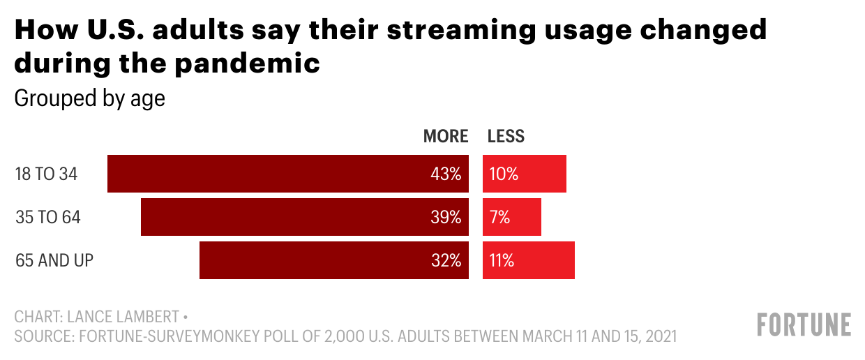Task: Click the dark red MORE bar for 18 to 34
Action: point(265,174)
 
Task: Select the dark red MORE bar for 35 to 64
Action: point(279,217)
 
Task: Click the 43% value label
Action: point(446,174)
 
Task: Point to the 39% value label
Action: point(446,217)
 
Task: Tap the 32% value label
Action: point(446,260)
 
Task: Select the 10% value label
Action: point(504,174)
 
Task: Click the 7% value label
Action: point(499,217)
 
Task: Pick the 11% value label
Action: point(502,260)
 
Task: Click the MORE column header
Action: point(446,136)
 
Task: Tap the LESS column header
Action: point(506,136)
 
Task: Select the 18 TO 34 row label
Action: point(46,174)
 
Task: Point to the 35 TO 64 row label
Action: point(48,217)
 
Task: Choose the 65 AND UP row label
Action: point(54,260)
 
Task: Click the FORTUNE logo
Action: point(804,325)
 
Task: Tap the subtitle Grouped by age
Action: point(89,98)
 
